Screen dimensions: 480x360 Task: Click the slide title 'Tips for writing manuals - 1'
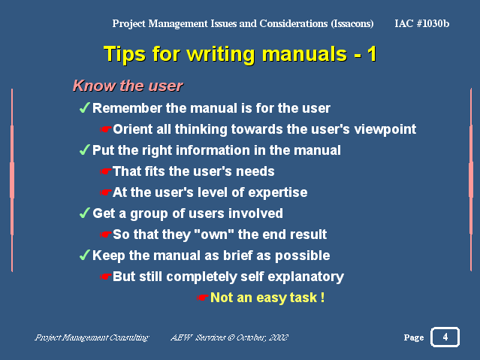[240, 54]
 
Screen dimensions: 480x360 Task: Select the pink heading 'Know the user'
[128, 86]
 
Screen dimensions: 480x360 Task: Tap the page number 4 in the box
[445, 337]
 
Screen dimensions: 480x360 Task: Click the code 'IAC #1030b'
[422, 23]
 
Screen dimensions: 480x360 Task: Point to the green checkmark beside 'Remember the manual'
[84, 107]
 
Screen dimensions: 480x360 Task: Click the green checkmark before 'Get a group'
[84, 213]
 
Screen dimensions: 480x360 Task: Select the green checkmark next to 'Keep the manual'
[84, 255]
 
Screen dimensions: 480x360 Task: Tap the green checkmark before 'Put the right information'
[84, 150]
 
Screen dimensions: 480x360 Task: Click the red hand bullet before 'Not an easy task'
[203, 298]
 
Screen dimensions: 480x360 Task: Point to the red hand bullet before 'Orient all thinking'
[106, 129]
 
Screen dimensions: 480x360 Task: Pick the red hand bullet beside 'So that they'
[106, 234]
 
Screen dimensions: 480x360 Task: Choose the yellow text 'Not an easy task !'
[267, 298]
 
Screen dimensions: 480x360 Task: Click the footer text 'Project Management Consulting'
[92, 337]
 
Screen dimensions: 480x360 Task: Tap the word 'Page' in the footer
[414, 337]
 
